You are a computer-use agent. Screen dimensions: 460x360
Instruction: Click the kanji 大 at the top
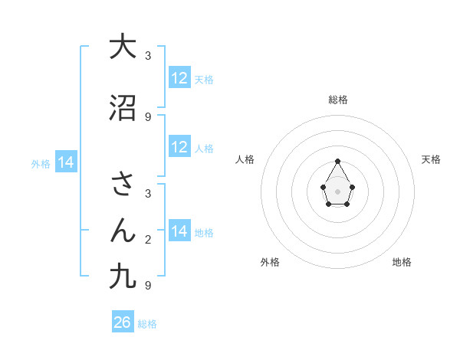tap(123, 47)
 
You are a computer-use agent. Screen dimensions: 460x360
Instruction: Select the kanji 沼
tap(123, 108)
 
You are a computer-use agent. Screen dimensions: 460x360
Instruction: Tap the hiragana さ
tap(123, 184)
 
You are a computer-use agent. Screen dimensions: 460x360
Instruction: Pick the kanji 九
tap(123, 277)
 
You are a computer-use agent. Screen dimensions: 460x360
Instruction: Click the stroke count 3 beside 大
tap(148, 56)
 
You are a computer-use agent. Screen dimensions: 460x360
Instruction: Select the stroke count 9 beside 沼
tap(148, 116)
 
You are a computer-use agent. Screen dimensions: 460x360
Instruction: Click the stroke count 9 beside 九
tap(148, 286)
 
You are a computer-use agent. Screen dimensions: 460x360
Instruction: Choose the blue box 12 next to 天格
tap(179, 78)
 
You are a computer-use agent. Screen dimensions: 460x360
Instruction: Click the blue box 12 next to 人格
tap(179, 147)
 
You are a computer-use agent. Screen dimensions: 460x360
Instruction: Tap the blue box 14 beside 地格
tap(179, 231)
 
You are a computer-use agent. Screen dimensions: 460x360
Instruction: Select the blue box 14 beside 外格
tap(65, 162)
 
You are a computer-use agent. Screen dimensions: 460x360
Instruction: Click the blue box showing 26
tap(123, 322)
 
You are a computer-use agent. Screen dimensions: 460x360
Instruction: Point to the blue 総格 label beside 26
tap(147, 324)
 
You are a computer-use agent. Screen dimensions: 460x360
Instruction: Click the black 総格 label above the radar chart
tap(337, 100)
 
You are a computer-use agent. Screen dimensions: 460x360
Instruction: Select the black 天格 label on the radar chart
tap(431, 159)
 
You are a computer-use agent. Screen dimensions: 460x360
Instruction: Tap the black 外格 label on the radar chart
tap(270, 262)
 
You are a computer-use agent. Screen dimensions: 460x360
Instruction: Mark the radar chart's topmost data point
tap(337, 161)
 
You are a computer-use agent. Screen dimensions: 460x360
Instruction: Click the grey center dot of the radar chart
tap(337, 191)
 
